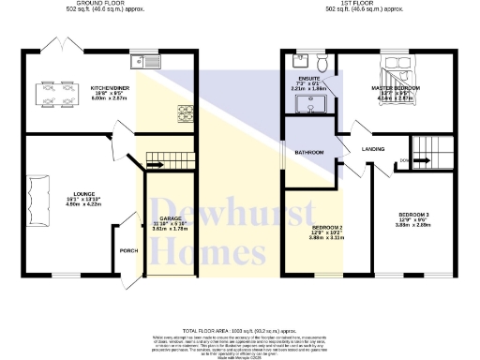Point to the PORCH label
tap(128, 250)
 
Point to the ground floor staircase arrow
tap(154, 166)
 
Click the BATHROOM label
tap(309, 152)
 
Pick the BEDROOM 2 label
tap(327, 227)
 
